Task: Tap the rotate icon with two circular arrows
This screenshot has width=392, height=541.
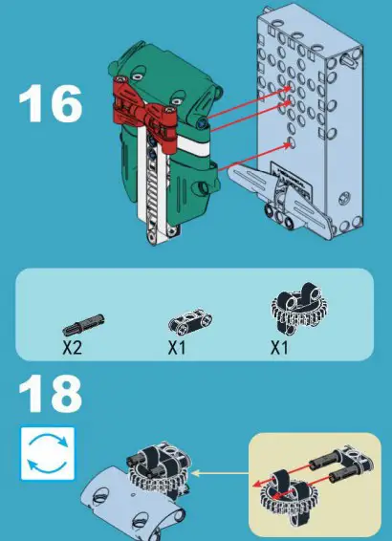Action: coord(47,452)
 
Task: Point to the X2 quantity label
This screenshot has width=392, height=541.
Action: coord(73,348)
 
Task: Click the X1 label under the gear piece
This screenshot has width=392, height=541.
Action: coord(278,348)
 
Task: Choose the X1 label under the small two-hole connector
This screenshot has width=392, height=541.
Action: coord(178,348)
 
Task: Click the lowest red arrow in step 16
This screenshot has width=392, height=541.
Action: coord(253,158)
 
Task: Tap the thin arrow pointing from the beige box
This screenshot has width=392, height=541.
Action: coord(219,471)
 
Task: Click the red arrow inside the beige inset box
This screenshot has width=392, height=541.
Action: coord(287,474)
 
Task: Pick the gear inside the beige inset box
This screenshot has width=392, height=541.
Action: coord(285,493)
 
